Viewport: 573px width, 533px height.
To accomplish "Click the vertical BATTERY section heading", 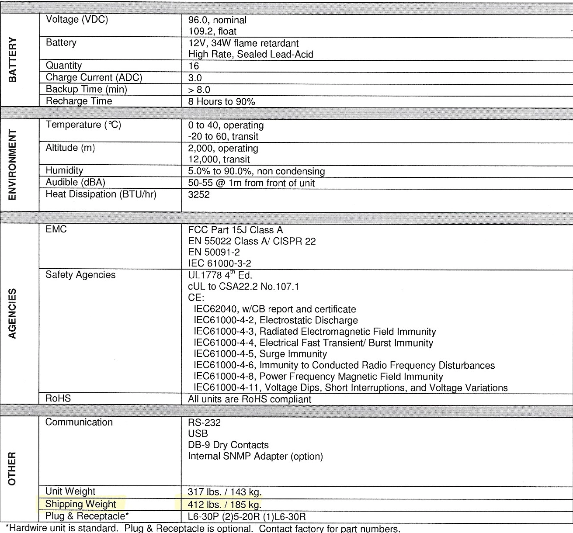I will pos(13,60).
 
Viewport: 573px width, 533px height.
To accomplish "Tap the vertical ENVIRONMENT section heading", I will pos(13,165).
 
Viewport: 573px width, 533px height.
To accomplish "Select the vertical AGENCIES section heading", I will pos(13,313).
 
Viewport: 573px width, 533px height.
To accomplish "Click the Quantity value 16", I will pos(194,66).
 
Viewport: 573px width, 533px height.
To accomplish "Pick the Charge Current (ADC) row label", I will pos(94,78).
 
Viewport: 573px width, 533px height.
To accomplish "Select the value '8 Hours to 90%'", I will pos(222,101).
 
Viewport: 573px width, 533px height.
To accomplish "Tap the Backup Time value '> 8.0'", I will pos(199,90).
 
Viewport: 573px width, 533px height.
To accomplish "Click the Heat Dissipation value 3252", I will pos(199,194).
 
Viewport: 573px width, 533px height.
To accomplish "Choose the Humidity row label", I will pos(64,170).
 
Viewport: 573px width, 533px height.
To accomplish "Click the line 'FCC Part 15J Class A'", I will pos(235,230).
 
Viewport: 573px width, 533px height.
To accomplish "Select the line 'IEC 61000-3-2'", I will pos(219,263).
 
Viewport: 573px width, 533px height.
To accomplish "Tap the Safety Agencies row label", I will pos(80,275).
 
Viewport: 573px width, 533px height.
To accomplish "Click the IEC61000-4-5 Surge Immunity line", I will pos(260,354).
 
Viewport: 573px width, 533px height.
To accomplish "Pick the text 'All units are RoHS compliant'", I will pos(250,399).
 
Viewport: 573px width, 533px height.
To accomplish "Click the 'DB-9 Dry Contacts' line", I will pos(228,445).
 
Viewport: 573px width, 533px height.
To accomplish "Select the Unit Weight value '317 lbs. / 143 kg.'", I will pos(225,492).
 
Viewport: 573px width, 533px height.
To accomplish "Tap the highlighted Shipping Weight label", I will pos(81,504).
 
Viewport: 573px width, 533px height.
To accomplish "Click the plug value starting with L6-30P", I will pos(247,516).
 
